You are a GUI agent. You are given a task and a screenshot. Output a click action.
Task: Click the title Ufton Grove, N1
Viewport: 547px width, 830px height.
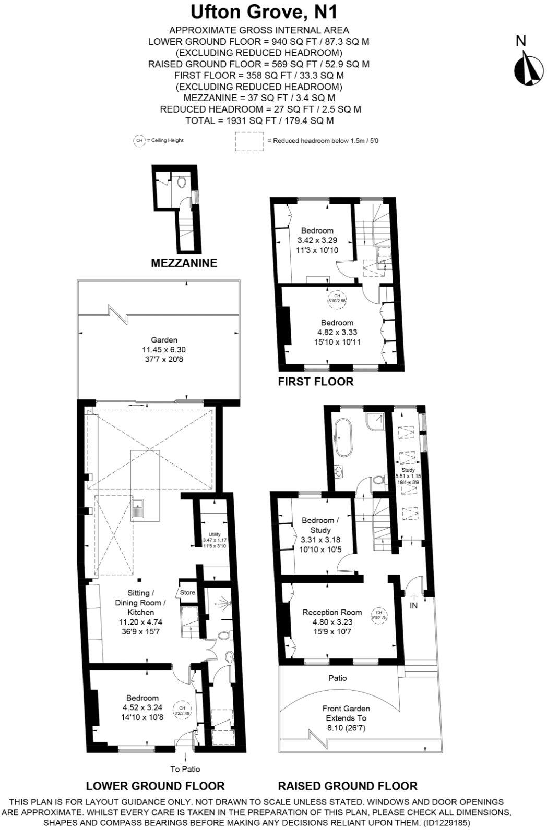[259, 11]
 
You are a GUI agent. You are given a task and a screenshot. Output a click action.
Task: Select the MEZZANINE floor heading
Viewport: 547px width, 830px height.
[184, 263]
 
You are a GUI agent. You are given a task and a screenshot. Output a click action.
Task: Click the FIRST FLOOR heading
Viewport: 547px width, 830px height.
[315, 382]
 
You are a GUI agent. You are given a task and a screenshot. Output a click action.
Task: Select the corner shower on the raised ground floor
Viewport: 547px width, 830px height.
[377, 421]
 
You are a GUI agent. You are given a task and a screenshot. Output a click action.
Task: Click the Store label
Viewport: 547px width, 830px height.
[187, 592]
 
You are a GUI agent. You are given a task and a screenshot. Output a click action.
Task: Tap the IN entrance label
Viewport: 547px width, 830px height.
[414, 605]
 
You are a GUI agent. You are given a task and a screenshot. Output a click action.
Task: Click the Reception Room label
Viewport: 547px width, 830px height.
[332, 612]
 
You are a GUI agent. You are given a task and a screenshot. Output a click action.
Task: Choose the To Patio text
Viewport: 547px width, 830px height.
[185, 768]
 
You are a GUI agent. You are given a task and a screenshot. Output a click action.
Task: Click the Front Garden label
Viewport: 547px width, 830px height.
[346, 709]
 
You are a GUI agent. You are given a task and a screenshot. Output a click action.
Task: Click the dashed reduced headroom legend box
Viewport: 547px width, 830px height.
[249, 141]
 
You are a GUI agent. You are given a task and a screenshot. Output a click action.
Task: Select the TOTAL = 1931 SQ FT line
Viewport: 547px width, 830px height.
[259, 120]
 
